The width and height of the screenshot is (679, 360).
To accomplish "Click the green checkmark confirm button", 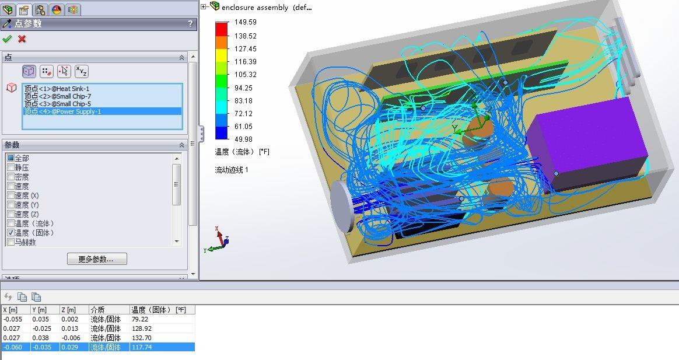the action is [7, 39].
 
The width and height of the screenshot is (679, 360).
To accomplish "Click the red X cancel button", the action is [22, 39].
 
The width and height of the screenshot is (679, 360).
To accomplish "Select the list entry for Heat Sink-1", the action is [57, 89].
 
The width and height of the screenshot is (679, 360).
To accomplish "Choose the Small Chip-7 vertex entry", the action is [58, 96].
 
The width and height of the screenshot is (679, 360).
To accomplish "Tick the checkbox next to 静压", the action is [11, 167].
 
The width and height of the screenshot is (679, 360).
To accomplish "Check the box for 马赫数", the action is [11, 242].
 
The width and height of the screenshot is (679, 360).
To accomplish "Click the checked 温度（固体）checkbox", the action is [11, 233].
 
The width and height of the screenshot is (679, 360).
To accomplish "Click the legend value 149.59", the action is [246, 22].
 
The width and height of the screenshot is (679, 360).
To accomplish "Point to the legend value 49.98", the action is [243, 139].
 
